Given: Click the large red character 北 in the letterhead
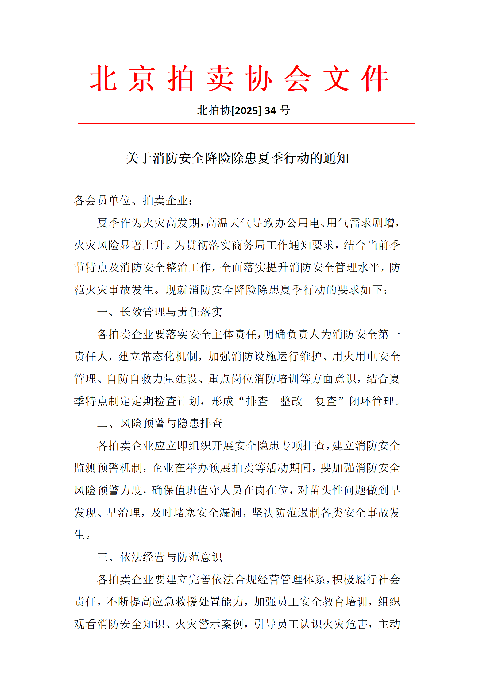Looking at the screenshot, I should [x=103, y=79].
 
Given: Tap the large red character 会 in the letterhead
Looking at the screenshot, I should [x=297, y=79].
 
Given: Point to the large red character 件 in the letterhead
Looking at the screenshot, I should [x=375, y=79].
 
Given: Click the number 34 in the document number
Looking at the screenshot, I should [x=270, y=110].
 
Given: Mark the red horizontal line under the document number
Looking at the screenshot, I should [x=246, y=123].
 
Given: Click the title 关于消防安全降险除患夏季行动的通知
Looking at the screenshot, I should [x=237, y=158].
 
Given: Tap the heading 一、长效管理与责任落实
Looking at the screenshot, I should [x=160, y=312].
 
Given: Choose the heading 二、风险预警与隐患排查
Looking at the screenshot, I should [x=160, y=423].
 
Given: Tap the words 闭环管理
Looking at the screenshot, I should [x=372, y=401].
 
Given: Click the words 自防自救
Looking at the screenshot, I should [x=130, y=379].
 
